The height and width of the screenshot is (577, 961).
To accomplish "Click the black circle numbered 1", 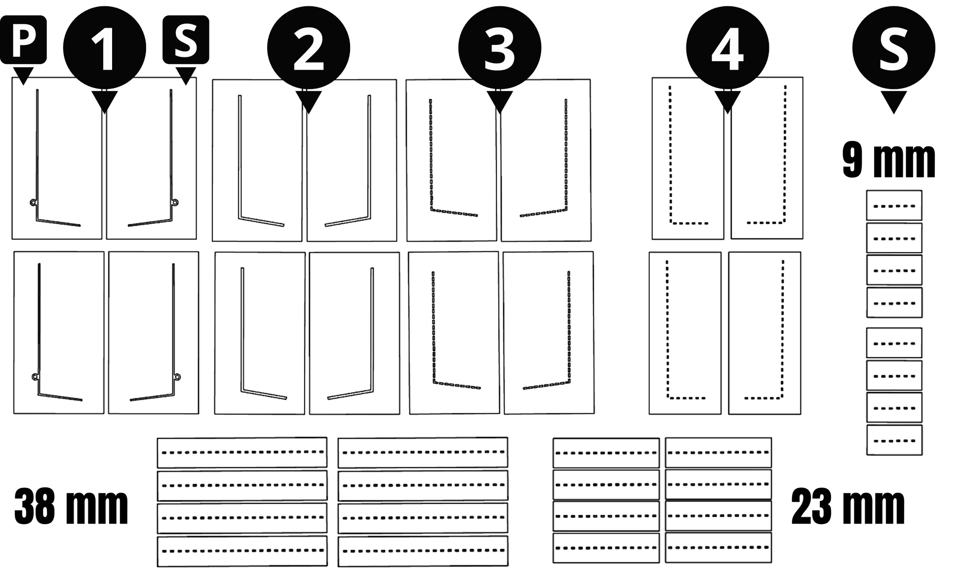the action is (105, 48).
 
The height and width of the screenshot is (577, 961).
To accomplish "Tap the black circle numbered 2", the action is (309, 48).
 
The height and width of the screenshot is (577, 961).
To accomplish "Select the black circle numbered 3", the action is (500, 48).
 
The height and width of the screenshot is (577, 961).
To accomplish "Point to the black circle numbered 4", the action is (727, 48).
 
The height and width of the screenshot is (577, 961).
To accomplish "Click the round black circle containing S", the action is (894, 48).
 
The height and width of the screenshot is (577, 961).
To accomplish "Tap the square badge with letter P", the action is (23, 40).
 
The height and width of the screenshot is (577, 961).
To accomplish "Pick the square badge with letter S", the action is (186, 40).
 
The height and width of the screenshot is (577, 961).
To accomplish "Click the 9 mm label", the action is (889, 161).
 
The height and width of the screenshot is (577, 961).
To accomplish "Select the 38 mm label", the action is (71, 507).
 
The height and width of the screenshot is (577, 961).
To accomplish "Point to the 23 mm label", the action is (848, 507).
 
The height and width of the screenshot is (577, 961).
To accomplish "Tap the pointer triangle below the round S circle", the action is (893, 101).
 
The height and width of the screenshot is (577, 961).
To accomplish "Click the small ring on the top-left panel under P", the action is (33, 202).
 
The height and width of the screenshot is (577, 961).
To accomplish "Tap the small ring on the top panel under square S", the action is (175, 202).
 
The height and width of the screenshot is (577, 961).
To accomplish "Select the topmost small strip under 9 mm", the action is (894, 206).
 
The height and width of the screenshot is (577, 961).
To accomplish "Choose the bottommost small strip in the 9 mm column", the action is (894, 440).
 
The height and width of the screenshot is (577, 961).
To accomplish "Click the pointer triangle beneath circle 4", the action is (727, 101).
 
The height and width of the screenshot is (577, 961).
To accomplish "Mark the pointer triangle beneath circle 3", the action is (500, 101).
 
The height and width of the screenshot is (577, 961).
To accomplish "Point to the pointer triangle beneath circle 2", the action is (309, 101).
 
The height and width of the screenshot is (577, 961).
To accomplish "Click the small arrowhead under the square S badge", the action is (186, 75).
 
